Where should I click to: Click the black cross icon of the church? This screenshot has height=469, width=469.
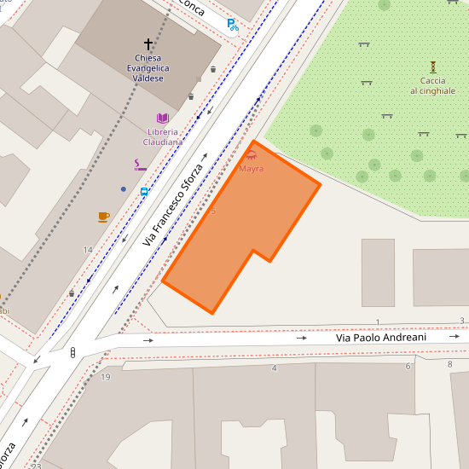[148, 43]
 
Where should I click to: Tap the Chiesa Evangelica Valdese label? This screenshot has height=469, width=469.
[148, 67]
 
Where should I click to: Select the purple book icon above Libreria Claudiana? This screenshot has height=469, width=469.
[162, 119]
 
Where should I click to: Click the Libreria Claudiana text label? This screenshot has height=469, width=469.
[162, 136]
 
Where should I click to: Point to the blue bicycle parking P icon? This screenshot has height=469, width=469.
[232, 25]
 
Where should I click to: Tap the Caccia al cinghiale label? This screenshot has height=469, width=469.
[432, 85]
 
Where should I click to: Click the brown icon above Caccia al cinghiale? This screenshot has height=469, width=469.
[433, 66]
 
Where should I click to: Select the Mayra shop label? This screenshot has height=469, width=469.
[251, 169]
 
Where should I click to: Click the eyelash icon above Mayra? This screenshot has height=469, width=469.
[251, 155]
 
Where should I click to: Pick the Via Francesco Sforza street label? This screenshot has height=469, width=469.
[173, 201]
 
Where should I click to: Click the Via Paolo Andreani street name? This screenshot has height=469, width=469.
[380, 338]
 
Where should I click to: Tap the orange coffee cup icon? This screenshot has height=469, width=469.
[103, 217]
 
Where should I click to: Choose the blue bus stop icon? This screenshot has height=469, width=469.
[144, 192]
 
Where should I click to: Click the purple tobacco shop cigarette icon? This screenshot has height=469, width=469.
[140, 165]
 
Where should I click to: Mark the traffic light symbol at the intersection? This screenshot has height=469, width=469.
[73, 351]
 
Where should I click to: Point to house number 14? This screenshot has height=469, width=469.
[87, 249]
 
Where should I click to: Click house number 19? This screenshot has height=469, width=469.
[106, 376]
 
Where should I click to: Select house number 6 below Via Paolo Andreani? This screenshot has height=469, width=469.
[408, 366]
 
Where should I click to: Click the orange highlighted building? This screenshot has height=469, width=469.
[239, 230]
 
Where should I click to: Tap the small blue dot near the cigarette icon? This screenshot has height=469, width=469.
[124, 188]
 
